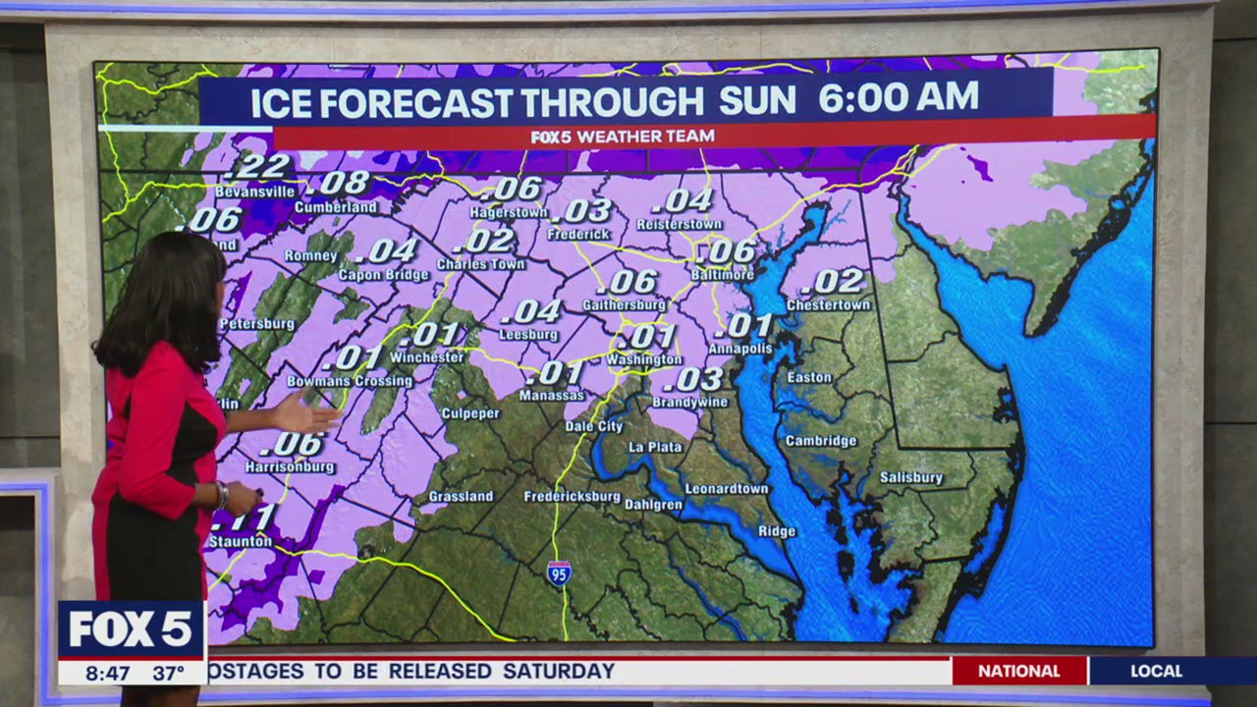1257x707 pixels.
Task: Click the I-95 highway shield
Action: pos(559,572)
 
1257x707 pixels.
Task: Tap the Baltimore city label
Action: pos(722,275)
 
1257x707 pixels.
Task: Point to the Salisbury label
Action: pos(910,478)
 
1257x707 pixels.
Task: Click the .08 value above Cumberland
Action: pos(341,183)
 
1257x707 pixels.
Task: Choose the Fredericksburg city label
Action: pos(572,497)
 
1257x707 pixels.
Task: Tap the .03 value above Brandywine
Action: pos(698,379)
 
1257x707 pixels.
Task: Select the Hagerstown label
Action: pos(508,212)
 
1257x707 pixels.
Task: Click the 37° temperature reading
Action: pos(169,674)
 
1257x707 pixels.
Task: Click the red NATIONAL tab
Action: pos(1019,672)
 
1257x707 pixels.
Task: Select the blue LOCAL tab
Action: pos(1156,672)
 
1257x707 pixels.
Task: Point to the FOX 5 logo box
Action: pos(131,629)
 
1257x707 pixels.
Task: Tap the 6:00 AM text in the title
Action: pos(898,98)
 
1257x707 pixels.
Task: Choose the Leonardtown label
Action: pos(726,489)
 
